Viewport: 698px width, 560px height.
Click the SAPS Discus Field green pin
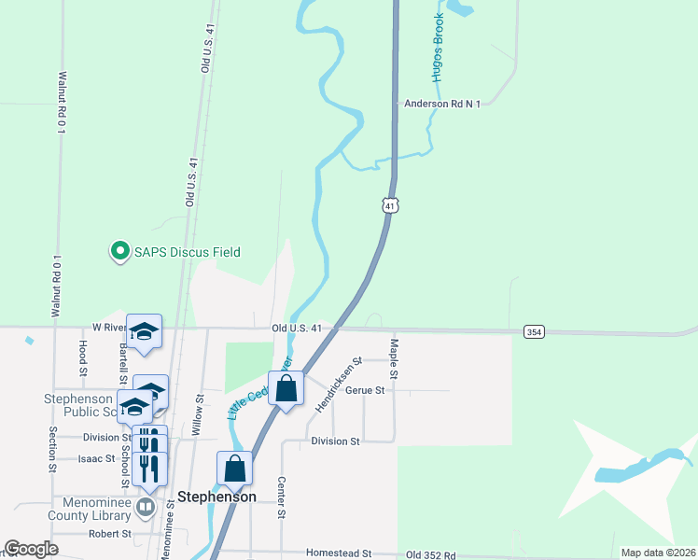(119, 251)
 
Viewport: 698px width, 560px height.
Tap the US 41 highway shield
(390, 204)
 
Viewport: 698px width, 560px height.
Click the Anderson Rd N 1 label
(441, 104)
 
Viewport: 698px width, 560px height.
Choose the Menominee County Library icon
(146, 507)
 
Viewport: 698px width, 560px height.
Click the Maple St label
(394, 358)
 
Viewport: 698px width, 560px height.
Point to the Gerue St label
(365, 390)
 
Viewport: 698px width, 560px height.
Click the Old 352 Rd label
(431, 554)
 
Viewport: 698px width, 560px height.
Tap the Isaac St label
(96, 458)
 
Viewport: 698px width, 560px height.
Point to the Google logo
(31, 549)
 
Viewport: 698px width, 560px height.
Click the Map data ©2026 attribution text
(658, 553)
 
